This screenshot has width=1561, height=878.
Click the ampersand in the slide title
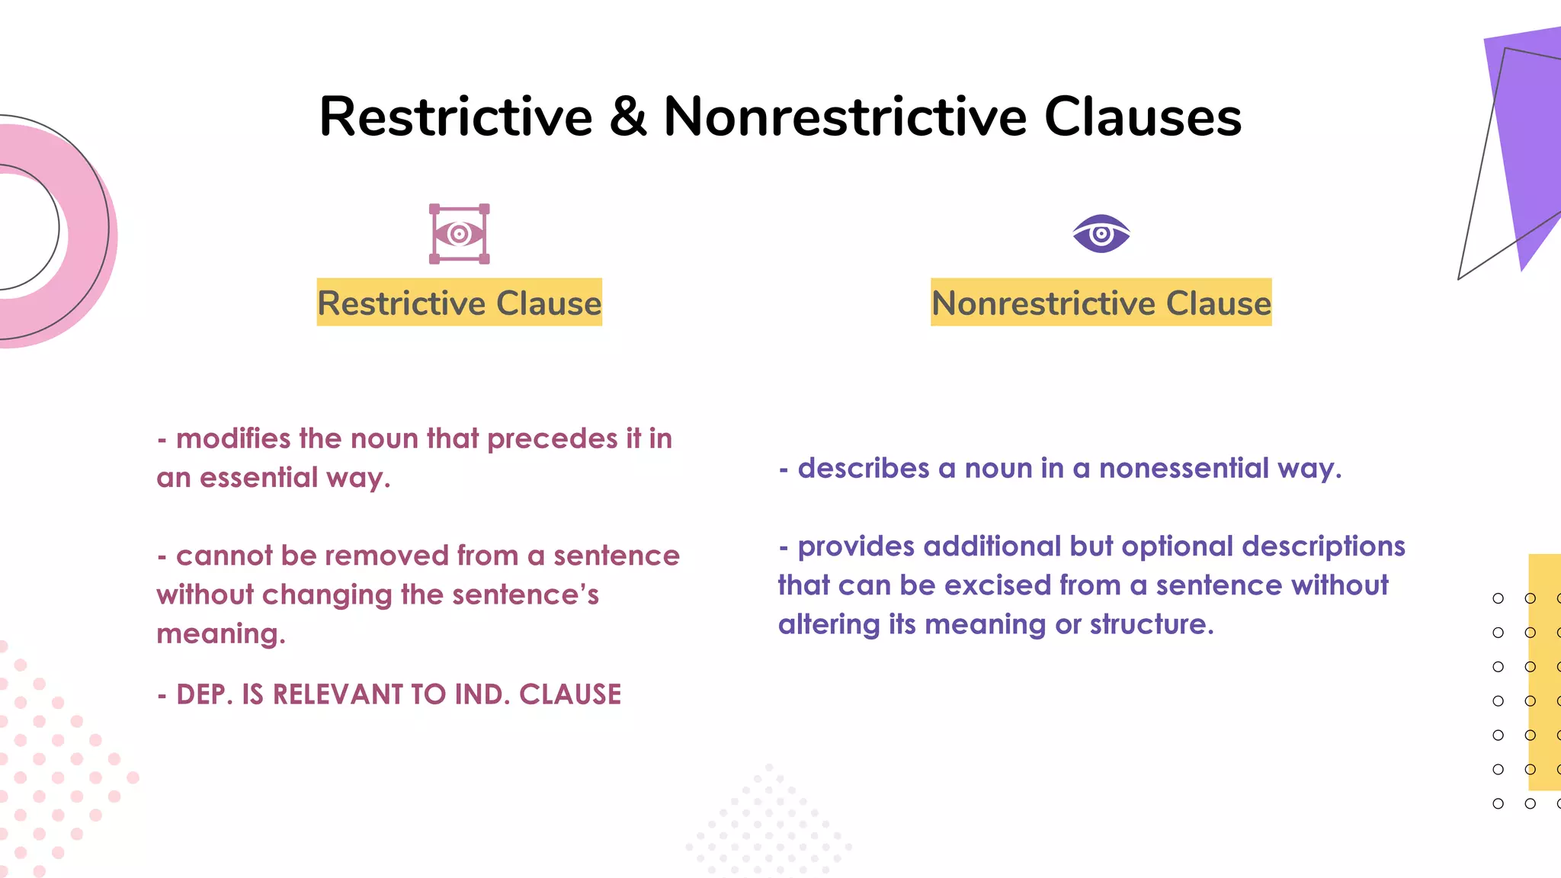coord(628,117)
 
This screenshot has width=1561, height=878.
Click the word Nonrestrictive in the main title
coord(845,117)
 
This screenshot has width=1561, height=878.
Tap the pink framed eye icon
coord(459,234)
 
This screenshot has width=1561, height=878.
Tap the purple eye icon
coord(1101,234)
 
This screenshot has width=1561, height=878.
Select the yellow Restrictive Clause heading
coord(459,303)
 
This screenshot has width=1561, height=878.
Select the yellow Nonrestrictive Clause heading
coord(1101,303)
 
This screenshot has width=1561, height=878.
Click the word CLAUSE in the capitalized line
coord(570,694)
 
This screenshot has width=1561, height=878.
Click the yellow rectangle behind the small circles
coord(1546,671)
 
